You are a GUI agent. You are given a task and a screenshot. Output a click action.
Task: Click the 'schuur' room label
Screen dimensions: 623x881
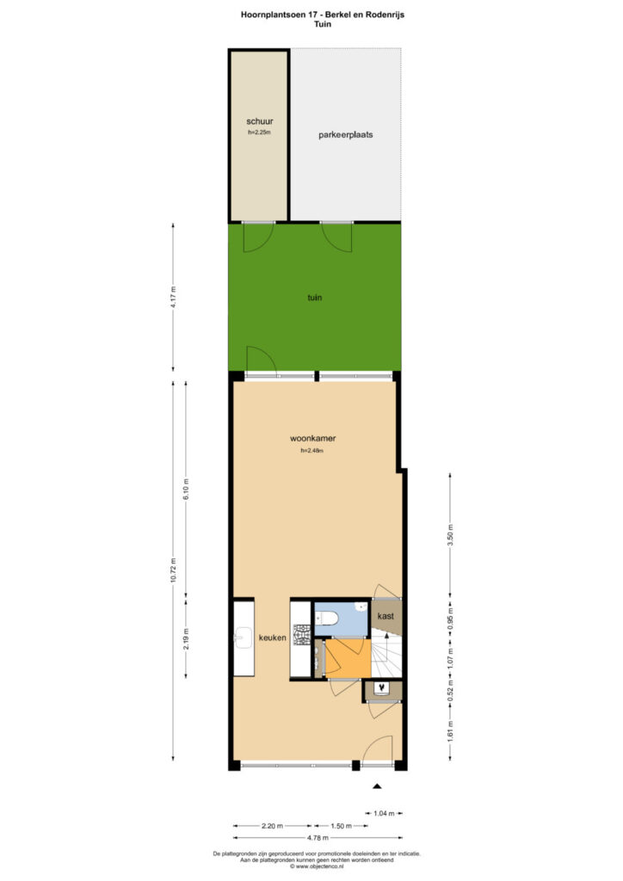[x=260, y=121]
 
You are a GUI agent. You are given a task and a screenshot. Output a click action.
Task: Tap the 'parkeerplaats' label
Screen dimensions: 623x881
[x=345, y=135]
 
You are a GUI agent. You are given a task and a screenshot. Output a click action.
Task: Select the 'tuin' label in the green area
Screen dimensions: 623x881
[x=315, y=297]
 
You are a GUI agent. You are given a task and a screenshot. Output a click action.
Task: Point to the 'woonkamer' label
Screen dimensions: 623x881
[x=313, y=438]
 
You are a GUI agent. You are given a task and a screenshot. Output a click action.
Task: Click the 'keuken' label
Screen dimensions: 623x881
[x=273, y=638]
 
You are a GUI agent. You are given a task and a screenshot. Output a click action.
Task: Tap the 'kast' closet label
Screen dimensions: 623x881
[x=386, y=616]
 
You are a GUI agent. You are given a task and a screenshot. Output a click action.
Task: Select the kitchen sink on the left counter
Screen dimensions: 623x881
[x=244, y=638]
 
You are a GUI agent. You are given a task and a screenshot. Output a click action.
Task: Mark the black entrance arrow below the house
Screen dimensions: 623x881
[x=378, y=786]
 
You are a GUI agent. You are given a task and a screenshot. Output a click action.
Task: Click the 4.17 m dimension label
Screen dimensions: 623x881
[x=173, y=297]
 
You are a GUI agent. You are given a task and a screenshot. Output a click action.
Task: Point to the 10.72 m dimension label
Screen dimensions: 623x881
[x=173, y=570]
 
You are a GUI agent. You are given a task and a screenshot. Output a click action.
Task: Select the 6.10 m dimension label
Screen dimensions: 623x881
[x=187, y=489]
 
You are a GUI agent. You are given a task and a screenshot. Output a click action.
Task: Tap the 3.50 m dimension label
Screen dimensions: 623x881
[x=450, y=535]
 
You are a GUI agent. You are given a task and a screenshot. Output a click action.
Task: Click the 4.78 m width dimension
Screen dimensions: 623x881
[x=318, y=838]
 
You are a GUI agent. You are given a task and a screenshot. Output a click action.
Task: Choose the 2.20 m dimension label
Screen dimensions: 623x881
[x=272, y=826]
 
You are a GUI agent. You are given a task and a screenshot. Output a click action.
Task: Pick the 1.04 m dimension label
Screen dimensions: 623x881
[x=385, y=813]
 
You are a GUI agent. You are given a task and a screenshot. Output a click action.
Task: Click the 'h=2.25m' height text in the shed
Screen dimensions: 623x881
[x=260, y=132]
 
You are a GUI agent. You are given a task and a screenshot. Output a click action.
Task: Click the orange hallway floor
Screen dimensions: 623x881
[x=349, y=658]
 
